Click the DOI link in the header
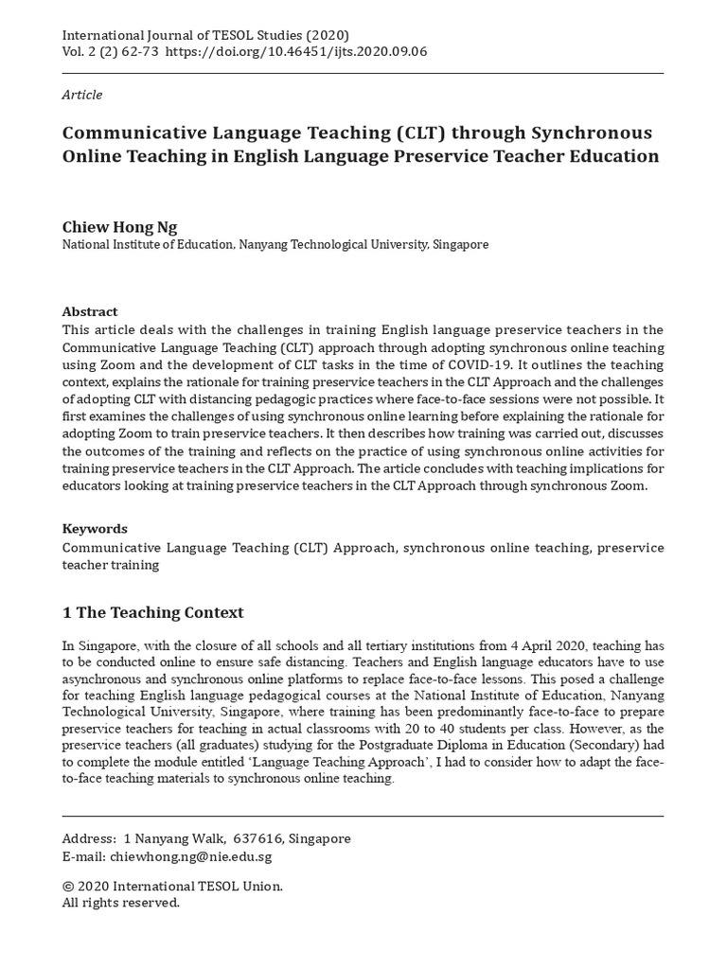(x=296, y=51)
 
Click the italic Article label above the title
(x=82, y=95)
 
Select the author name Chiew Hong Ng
(x=119, y=227)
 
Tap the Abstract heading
(x=90, y=311)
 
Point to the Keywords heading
(x=95, y=529)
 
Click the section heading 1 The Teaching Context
(x=152, y=612)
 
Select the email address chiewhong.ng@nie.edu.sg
(x=190, y=856)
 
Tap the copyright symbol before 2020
(x=67, y=887)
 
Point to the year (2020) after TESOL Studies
(x=308, y=33)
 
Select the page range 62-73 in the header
(x=141, y=51)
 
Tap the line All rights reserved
(x=120, y=903)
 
